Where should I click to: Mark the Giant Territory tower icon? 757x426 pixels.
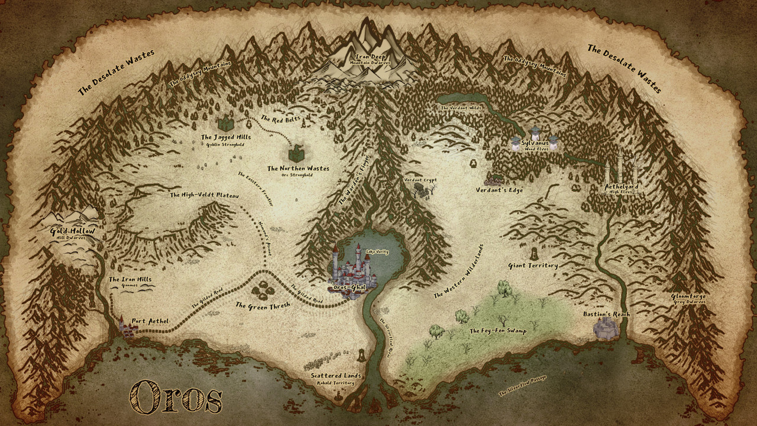click(533, 253)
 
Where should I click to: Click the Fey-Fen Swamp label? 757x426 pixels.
click(497, 331)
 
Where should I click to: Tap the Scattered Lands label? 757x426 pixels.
click(336, 376)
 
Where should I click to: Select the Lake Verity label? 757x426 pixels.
click(377, 251)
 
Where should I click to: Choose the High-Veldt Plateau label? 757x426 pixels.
click(205, 195)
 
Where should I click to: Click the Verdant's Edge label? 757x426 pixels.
click(499, 191)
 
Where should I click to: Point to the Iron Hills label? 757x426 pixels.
click(130, 279)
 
